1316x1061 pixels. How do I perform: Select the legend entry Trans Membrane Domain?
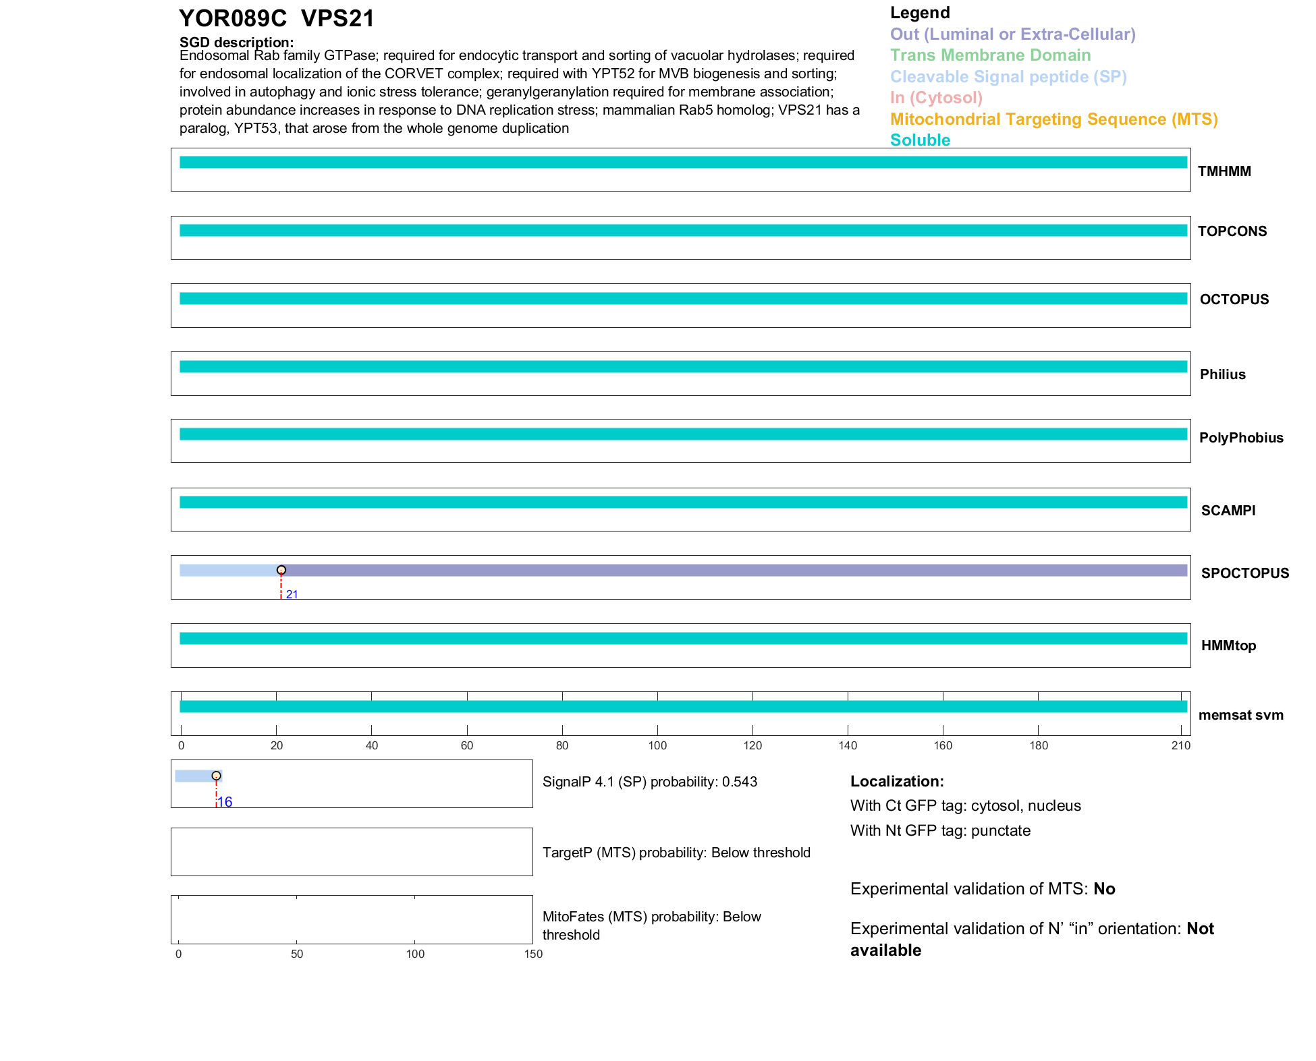[x=990, y=55]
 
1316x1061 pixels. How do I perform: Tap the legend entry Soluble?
[x=920, y=140]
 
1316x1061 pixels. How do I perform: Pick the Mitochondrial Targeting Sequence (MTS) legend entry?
[x=1053, y=119]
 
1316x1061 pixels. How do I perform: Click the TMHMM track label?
[x=1224, y=171]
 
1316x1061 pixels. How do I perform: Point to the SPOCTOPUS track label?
[x=1244, y=573]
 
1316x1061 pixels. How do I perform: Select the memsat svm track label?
[x=1240, y=715]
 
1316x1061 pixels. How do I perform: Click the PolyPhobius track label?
[x=1240, y=438]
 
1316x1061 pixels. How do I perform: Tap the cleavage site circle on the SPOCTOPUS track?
[x=281, y=570]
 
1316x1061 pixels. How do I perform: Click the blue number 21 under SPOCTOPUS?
[x=292, y=594]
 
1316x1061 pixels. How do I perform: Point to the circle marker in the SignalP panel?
[x=216, y=776]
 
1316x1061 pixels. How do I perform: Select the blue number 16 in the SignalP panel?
[x=225, y=802]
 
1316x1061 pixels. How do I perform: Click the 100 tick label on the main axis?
[x=657, y=745]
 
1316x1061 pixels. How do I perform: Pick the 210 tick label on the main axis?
[x=1180, y=745]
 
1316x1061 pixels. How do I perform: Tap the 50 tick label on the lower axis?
[x=297, y=954]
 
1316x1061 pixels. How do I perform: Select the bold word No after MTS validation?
[x=1104, y=889]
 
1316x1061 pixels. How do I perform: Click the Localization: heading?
[x=897, y=782]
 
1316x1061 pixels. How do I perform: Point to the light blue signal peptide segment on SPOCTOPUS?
[x=229, y=571]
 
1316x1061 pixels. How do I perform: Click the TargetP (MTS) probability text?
[x=676, y=853]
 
